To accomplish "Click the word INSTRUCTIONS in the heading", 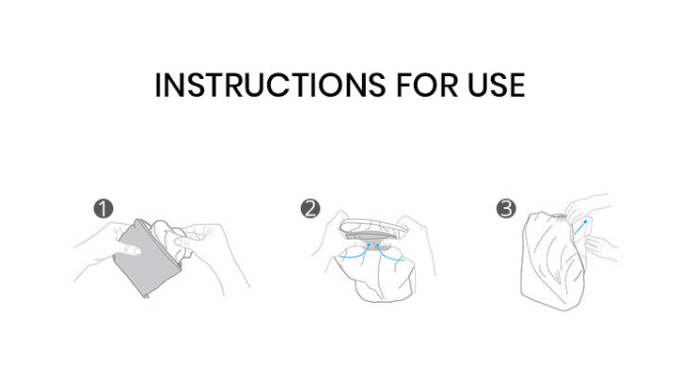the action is (x=270, y=85).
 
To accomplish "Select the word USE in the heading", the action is (x=497, y=85).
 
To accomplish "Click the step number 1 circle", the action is (x=103, y=208).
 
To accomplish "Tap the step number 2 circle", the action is (x=309, y=208).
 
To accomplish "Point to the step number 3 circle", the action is (x=506, y=208).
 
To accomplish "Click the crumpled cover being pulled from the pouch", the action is (x=171, y=240).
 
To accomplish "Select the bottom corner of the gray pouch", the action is (x=147, y=296).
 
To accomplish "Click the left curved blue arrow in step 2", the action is (x=356, y=252).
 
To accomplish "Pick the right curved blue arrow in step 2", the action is (x=389, y=252).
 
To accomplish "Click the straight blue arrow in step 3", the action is (x=580, y=228).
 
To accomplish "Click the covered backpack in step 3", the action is (x=553, y=262).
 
